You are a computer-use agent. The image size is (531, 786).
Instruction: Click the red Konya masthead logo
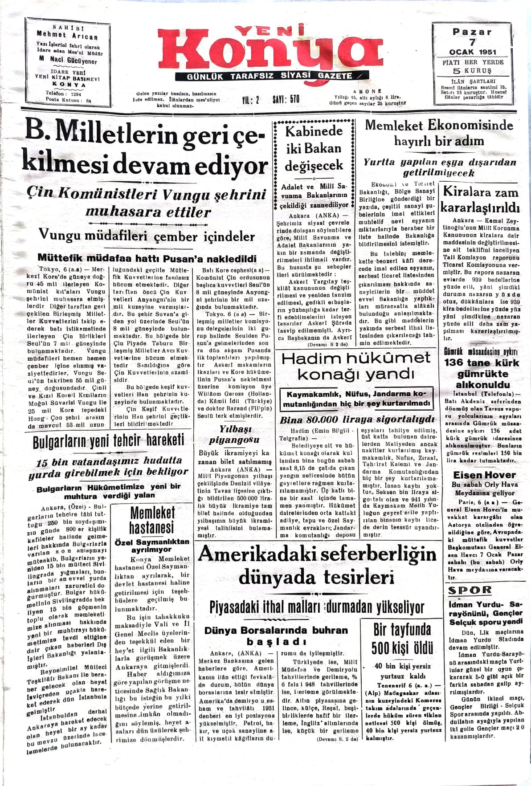[270, 51]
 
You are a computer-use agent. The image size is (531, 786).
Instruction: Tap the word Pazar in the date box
[472, 32]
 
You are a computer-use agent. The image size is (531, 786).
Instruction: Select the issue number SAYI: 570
[286, 99]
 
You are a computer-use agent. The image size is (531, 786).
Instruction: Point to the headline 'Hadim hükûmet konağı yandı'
[356, 366]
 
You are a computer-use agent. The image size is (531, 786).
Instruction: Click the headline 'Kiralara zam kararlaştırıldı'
[480, 200]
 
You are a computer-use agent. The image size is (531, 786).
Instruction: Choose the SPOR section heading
[470, 591]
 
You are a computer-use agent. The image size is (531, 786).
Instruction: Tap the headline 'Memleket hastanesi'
[152, 520]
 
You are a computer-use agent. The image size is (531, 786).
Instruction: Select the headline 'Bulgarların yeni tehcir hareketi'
[108, 442]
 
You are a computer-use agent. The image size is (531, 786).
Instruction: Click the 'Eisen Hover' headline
[484, 475]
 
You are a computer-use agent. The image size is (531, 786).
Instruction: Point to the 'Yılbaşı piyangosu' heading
[234, 434]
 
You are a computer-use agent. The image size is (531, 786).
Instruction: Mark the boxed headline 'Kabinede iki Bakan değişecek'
[314, 148]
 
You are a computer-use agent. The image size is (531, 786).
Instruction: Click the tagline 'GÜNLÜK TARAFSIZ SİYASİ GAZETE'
[270, 76]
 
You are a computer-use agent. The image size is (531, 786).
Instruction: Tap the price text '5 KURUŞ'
[472, 70]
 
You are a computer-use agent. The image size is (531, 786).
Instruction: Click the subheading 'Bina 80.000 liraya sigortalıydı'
[356, 419]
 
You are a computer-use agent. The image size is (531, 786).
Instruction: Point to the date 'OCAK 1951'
[472, 52]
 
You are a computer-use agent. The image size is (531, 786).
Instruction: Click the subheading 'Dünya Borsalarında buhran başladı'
[276, 635]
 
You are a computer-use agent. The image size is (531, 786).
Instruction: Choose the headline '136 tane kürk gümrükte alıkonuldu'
[482, 373]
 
